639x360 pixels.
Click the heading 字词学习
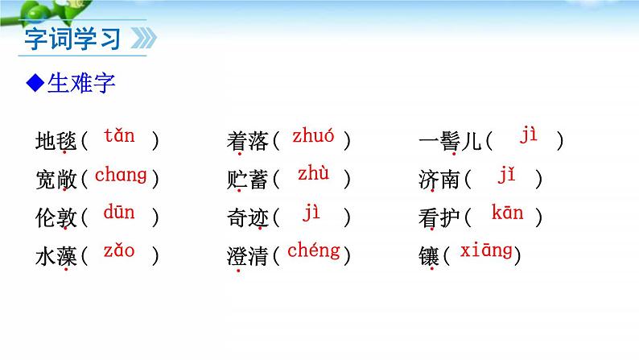tap(72, 39)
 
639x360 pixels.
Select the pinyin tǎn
tap(119, 136)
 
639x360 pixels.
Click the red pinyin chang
tap(121, 175)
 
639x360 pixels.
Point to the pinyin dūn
tap(119, 213)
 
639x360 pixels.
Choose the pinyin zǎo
tap(119, 251)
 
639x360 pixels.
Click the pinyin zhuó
tap(313, 136)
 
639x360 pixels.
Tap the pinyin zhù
tap(313, 175)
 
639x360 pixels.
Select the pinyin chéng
tap(313, 250)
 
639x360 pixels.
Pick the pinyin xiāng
tap(486, 251)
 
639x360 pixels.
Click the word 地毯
tap(56, 142)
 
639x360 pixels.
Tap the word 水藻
tap(56, 257)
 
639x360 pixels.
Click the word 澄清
tap(247, 257)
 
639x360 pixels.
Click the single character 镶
tap(430, 257)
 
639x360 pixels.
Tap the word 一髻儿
tap(450, 142)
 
